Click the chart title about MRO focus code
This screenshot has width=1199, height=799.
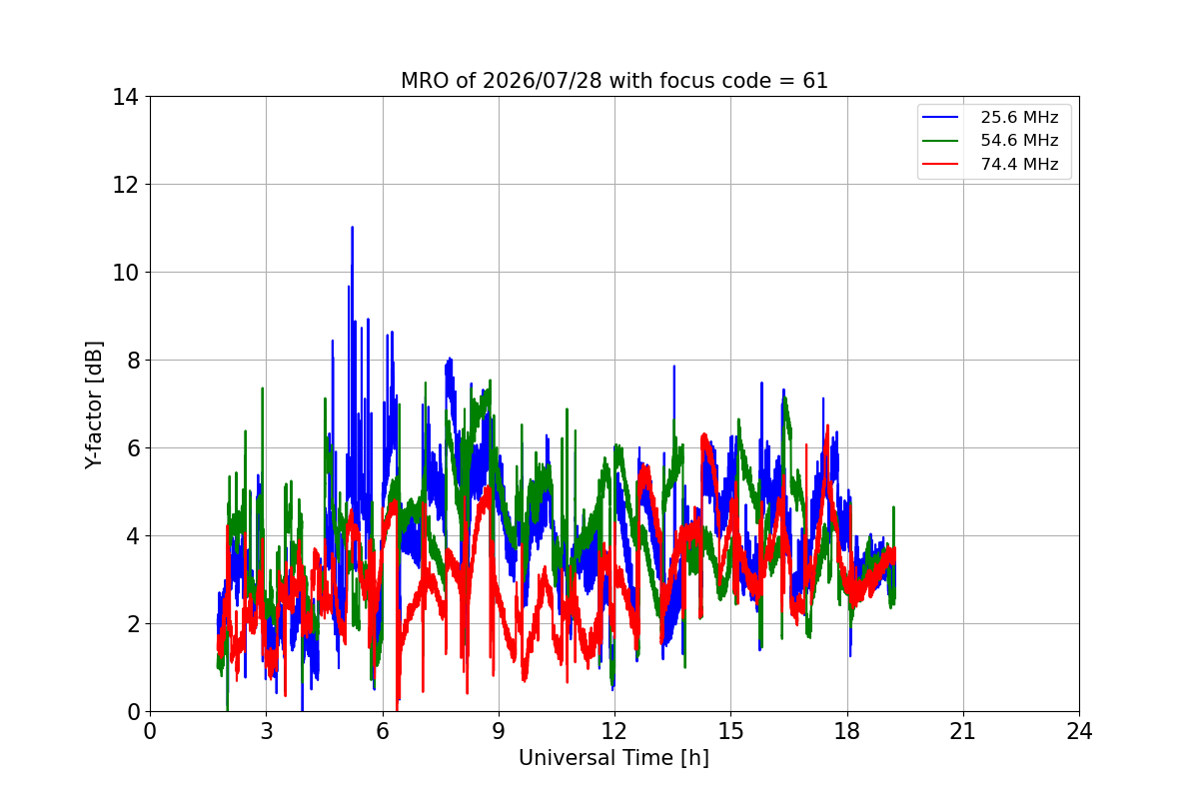click(613, 81)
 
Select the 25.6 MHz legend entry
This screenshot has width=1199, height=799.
click(990, 117)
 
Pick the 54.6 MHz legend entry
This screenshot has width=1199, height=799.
click(990, 140)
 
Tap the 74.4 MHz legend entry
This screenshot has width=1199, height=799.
click(990, 164)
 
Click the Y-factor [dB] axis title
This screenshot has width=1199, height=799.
click(93, 405)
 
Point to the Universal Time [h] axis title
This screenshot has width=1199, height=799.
click(613, 758)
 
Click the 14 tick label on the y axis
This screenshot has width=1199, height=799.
click(125, 97)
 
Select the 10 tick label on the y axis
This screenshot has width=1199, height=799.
click(125, 273)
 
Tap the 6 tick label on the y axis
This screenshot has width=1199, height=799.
click(133, 447)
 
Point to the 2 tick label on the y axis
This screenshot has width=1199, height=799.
click(133, 623)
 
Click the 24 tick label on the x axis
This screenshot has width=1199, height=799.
click(1079, 731)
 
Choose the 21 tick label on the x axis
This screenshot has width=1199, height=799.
click(963, 731)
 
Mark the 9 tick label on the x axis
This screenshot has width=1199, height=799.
click(499, 731)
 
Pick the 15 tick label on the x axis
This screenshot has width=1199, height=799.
click(730, 731)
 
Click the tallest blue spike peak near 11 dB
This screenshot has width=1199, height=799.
click(352, 228)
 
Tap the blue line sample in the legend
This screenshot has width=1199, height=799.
click(940, 117)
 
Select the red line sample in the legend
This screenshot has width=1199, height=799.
click(940, 164)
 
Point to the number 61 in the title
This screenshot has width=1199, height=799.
click(815, 81)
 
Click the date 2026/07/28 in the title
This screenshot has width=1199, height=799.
click(543, 81)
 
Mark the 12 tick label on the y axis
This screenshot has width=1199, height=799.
click(125, 185)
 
